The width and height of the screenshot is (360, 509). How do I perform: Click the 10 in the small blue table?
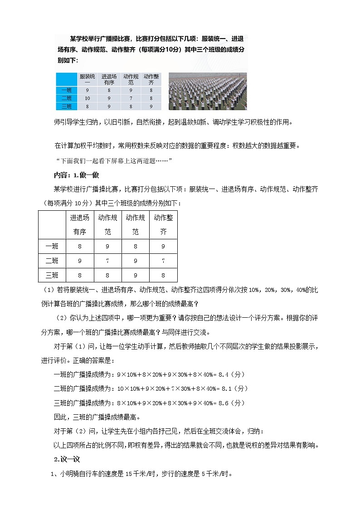point(87,98)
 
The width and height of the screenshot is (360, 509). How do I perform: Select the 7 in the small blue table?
point(131,98)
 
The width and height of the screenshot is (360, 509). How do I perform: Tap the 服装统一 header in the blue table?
point(87,79)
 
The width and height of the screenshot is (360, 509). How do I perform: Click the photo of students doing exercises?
point(208,91)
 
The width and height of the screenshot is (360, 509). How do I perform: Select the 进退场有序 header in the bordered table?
point(80,224)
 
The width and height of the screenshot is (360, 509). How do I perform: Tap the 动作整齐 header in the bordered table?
point(163,224)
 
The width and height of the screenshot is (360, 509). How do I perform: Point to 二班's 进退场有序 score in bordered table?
point(80,261)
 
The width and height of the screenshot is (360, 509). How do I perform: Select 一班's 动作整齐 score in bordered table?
point(163,246)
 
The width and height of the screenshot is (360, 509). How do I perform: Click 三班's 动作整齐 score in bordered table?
point(163,275)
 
